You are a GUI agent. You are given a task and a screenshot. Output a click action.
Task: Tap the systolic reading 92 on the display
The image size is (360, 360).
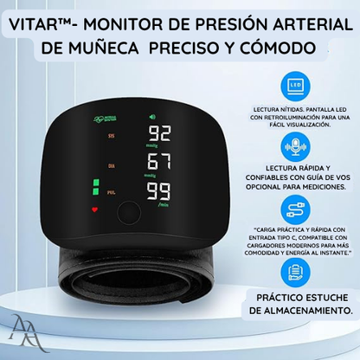158,134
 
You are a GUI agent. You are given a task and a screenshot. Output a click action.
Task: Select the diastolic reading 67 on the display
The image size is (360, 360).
158,162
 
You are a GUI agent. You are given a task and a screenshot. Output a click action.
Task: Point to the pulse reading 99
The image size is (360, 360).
158,191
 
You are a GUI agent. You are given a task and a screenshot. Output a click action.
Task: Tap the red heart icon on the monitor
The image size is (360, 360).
95,209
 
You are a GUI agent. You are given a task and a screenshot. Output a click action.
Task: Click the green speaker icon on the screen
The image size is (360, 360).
152,117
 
